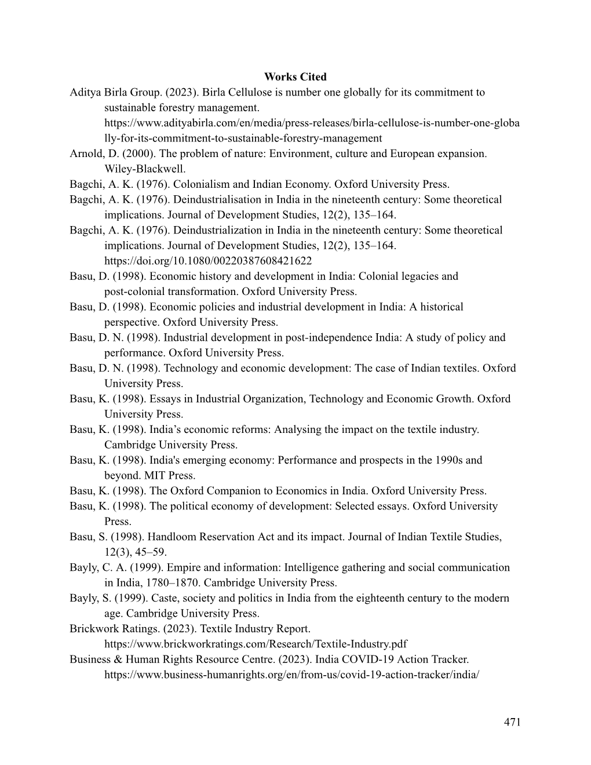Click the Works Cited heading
click(295, 77)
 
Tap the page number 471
click(512, 722)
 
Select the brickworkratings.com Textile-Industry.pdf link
click(256, 644)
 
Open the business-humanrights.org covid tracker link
click(291, 675)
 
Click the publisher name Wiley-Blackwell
click(144, 169)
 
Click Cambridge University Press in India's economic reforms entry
click(171, 445)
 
